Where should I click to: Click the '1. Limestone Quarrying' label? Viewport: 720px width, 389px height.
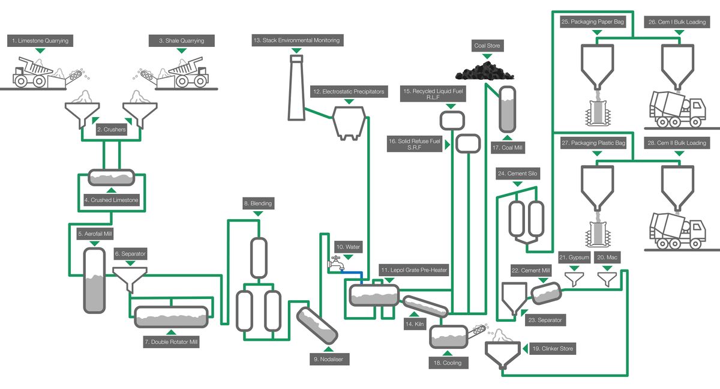[39, 41]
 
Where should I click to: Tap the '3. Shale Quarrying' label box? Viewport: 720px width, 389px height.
[181, 41]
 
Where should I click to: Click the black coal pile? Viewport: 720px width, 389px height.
[485, 70]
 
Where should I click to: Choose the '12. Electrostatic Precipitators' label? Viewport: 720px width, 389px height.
[348, 92]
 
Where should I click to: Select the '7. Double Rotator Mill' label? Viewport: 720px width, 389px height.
[171, 342]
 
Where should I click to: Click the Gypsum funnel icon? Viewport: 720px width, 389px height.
[575, 279]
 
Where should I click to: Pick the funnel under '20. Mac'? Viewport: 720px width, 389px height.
[607, 279]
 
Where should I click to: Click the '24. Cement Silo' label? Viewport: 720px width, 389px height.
[518, 173]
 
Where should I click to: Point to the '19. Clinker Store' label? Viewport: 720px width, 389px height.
[553, 348]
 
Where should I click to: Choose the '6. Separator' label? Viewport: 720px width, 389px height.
[130, 255]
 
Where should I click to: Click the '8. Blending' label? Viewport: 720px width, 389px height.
[258, 204]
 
